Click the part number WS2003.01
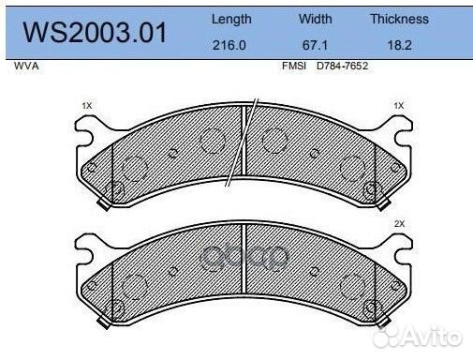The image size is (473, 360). (95, 33)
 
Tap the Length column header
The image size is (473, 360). (231, 20)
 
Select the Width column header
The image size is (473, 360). (316, 19)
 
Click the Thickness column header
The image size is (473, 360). (399, 19)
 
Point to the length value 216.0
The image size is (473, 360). (229, 45)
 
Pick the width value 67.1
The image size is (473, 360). (315, 45)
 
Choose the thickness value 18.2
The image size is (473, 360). (399, 45)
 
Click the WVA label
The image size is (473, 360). (26, 66)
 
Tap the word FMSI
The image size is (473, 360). (294, 66)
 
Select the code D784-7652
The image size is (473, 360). (342, 66)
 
